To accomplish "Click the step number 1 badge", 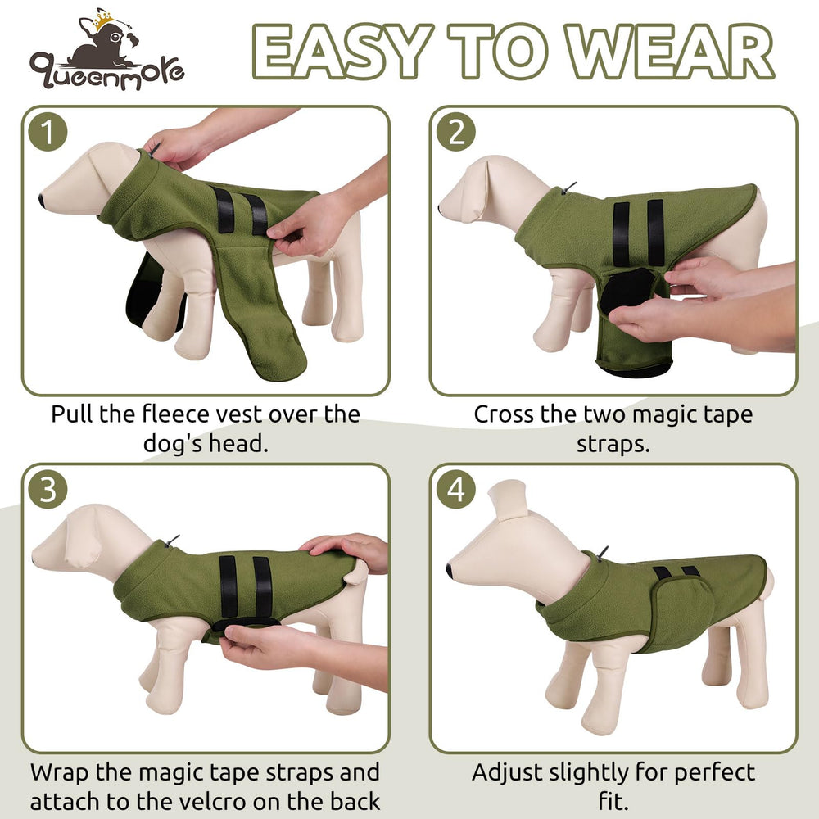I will pyautogui.click(x=48, y=133).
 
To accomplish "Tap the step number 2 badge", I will pyautogui.click(x=455, y=133).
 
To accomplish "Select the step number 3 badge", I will pyautogui.click(x=48, y=491).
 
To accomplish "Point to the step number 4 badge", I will pyautogui.click(x=455, y=491).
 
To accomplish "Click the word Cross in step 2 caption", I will pyautogui.click(x=505, y=414).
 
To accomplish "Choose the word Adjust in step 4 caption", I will pyautogui.click(x=514, y=772).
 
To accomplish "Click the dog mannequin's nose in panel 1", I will pyautogui.click(x=42, y=199).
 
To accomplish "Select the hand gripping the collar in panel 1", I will pyautogui.click(x=176, y=146).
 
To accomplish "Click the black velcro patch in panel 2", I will pyautogui.click(x=627, y=291).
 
